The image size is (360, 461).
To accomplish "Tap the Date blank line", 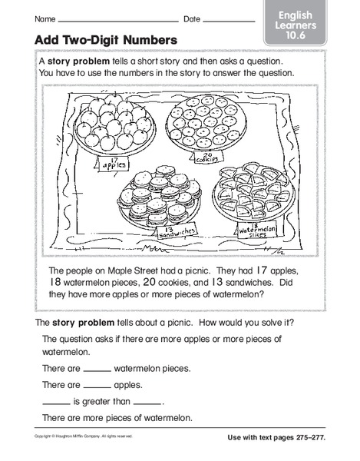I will pyautogui.click(x=231, y=19).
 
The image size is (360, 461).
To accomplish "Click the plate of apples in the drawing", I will pyautogui.click(x=120, y=122).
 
